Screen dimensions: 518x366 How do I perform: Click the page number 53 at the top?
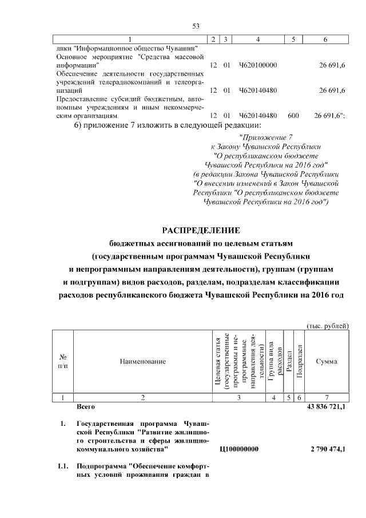[195, 26]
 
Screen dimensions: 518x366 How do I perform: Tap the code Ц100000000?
[238, 450]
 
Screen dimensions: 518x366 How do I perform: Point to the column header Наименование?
[143, 361]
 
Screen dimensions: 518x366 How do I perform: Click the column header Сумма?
[326, 361]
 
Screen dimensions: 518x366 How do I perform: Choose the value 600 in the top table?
[293, 116]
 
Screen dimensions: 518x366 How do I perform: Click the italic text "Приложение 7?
[266, 137]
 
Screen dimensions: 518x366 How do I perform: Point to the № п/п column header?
[63, 361]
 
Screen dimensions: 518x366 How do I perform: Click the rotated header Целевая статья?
[218, 361]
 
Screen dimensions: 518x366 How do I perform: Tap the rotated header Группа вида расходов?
[275, 361]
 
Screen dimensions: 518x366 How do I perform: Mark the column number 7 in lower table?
[326, 397]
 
